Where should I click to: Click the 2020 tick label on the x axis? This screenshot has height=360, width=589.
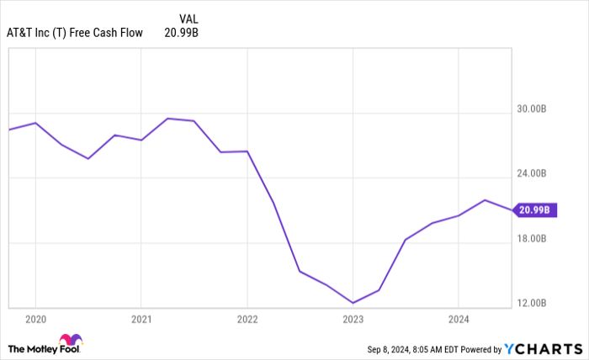coord(35,320)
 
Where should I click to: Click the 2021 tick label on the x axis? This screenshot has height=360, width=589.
coord(141,320)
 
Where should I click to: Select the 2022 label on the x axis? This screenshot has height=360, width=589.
coord(247,320)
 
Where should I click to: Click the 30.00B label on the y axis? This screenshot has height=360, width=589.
coord(532,109)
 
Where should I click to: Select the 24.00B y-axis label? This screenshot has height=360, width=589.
coord(532,173)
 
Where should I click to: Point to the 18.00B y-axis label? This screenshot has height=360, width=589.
coord(532,238)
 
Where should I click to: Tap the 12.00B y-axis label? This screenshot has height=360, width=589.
coord(532,303)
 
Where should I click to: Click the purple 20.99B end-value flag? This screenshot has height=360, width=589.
coord(533,209)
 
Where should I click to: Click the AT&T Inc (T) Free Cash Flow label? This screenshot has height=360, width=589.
coord(77,33)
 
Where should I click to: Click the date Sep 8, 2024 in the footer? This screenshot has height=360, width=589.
coord(385,348)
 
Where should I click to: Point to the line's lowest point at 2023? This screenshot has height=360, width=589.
coord(353,303)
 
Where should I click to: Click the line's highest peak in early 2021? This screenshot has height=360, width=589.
coord(167,119)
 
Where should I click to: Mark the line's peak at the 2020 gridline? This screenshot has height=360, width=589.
coord(35,123)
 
